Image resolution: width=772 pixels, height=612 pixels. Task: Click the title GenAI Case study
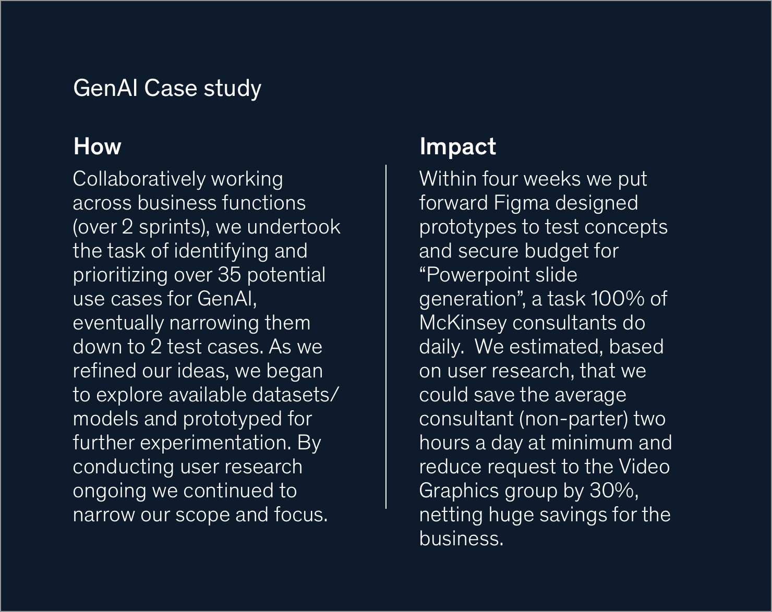(167, 88)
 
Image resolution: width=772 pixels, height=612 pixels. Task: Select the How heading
(97, 146)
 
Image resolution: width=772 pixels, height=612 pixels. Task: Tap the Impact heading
(458, 147)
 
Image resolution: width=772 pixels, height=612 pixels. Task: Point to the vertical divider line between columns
(386, 337)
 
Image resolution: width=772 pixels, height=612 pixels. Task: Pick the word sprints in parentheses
(170, 227)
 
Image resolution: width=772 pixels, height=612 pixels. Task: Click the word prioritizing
(120, 275)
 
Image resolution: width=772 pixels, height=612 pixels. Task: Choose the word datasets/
(295, 395)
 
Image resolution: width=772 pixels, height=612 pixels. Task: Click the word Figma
(521, 203)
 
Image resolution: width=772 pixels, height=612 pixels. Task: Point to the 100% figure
(618, 299)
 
